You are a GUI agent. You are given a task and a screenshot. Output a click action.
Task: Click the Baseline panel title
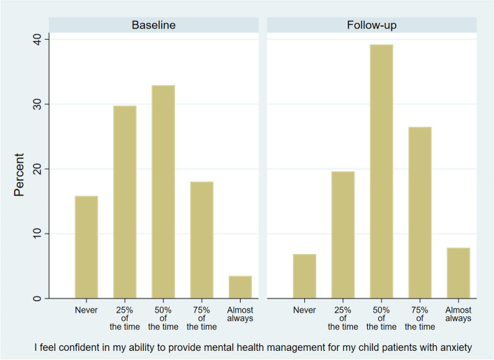pyautogui.click(x=154, y=25)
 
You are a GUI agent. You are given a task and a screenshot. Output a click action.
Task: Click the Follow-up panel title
pyautogui.click(x=372, y=25)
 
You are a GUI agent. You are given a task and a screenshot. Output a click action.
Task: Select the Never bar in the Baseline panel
pyautogui.click(x=87, y=247)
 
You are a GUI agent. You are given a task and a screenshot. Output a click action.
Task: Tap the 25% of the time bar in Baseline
pyautogui.click(x=125, y=202)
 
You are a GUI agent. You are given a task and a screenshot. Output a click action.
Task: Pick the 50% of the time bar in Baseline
pyautogui.click(x=163, y=191)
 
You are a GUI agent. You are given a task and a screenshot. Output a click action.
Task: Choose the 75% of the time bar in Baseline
pyautogui.click(x=202, y=240)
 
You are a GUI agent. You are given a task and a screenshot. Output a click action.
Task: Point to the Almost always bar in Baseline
pyautogui.click(x=240, y=287)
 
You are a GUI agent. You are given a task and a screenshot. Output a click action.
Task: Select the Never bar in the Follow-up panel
pyautogui.click(x=304, y=276)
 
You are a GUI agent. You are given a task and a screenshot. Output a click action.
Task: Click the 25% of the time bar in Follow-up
pyautogui.click(x=343, y=234)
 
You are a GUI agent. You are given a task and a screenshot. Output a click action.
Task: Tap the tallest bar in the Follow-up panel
pyautogui.click(x=381, y=172)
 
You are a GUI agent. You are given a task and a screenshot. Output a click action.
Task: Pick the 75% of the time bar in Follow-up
pyautogui.click(x=419, y=213)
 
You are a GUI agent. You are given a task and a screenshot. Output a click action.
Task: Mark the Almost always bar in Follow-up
pyautogui.click(x=458, y=273)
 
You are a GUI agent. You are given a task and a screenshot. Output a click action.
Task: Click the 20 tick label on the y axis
pyautogui.click(x=37, y=169)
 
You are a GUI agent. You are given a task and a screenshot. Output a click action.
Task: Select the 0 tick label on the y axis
pyautogui.click(x=37, y=299)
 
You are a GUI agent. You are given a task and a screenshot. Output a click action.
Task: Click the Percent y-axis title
pyautogui.click(x=19, y=175)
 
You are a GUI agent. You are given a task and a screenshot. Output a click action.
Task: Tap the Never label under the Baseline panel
pyautogui.click(x=87, y=310)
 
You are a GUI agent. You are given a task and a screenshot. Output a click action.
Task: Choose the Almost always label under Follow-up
pyautogui.click(x=458, y=314)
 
